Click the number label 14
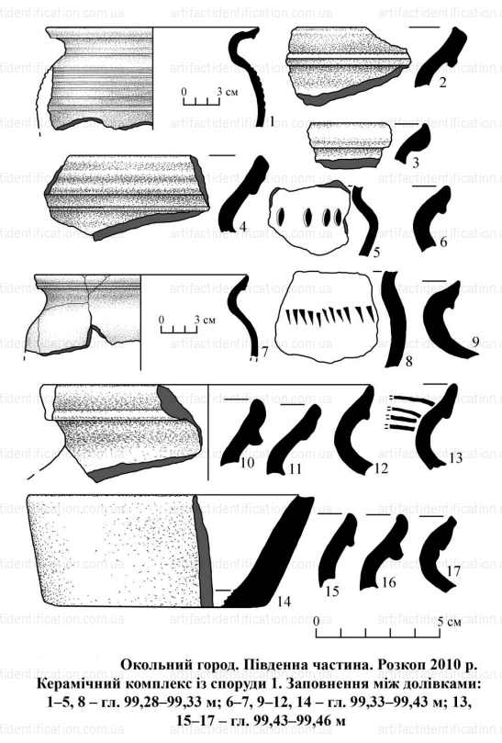click(284, 601)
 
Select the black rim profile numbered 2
click(438, 57)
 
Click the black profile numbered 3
click(412, 142)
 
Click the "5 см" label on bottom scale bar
click(449, 622)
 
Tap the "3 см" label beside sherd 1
click(228, 92)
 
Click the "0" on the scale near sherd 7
click(162, 320)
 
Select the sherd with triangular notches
click(329, 316)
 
